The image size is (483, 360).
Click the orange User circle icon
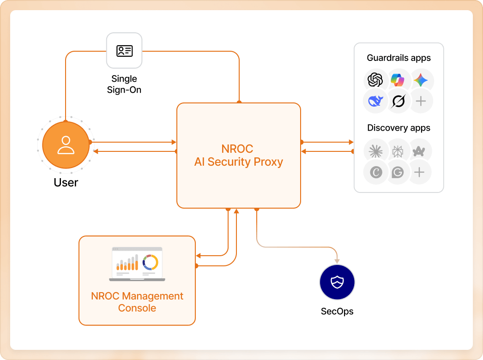66,145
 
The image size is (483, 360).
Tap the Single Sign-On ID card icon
124,50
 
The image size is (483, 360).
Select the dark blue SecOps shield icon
337,282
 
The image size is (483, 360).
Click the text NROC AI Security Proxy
238,156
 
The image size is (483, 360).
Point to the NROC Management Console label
137,302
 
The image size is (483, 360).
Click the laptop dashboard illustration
137,264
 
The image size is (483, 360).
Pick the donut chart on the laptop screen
150,262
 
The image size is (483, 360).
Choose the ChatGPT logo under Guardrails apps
375,80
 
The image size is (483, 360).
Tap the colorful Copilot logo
397,80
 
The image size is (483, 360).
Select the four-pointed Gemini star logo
420,80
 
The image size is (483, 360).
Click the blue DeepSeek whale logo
375,101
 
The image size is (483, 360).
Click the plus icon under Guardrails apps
420,101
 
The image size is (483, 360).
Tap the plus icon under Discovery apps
419,172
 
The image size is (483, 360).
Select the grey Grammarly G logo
397,172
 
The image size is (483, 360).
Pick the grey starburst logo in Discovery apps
375,151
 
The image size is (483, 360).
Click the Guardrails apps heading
398,58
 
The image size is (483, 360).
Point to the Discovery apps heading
398,128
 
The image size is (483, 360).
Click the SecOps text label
337,312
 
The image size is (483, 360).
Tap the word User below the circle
66,183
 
